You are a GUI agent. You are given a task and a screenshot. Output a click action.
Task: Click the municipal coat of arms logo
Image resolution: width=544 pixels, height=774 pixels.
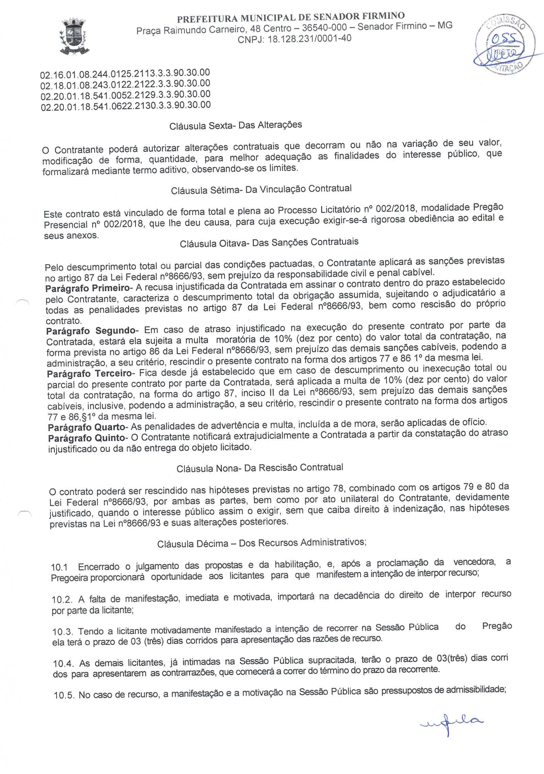point(74,37)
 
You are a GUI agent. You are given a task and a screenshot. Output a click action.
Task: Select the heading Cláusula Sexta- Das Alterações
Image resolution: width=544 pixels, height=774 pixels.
point(236,126)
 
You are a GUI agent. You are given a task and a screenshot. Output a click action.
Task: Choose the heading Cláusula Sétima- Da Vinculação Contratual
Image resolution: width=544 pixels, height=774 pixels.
point(261,190)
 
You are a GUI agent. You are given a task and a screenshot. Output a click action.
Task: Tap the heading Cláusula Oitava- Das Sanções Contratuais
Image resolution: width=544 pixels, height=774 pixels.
point(269,243)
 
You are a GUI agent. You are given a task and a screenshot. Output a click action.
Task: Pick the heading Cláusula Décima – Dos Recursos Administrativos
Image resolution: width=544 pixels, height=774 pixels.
point(261,543)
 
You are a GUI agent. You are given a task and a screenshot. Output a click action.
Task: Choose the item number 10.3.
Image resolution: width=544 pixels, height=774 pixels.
point(63,632)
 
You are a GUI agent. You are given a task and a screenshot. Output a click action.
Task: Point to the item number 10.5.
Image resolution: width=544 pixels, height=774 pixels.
point(64,695)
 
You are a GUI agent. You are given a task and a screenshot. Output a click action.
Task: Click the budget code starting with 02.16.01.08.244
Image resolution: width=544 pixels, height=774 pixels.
point(125,74)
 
